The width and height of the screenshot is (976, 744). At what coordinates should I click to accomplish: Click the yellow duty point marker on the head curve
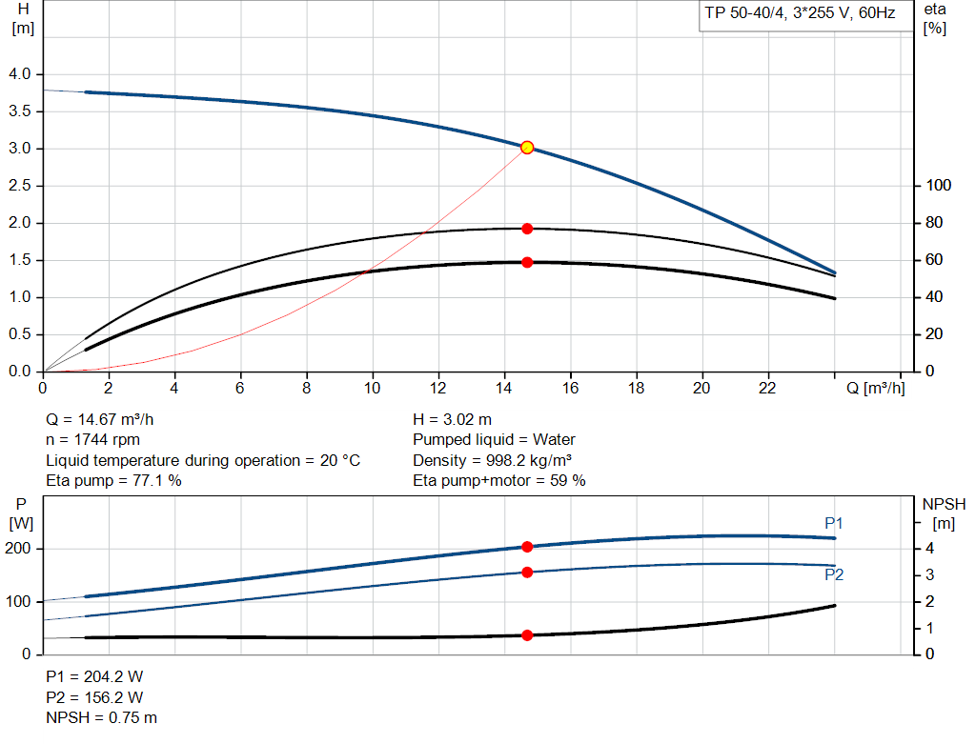527,148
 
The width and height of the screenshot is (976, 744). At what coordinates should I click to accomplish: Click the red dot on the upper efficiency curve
527,229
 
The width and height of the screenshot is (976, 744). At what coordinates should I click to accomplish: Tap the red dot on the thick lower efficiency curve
527,262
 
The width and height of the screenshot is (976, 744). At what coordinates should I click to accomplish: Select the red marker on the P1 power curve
527,547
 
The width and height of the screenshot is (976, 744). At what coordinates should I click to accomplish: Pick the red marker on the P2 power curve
527,573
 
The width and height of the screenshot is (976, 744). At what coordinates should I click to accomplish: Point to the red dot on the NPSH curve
527,635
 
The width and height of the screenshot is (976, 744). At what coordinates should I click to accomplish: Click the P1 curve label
834,523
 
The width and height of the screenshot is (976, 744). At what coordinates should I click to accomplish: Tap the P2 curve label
834,575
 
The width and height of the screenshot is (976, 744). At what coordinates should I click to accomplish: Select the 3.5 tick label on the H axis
20,111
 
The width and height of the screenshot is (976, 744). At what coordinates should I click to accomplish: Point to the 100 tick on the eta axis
939,186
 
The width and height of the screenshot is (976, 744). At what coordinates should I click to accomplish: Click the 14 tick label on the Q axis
504,388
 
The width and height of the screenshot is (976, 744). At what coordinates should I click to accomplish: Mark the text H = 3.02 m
454,419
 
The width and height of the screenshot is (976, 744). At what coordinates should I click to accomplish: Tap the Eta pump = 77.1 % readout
113,481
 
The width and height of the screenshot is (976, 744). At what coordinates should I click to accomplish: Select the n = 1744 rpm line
93,440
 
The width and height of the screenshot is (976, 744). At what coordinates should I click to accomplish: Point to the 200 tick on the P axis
20,549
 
